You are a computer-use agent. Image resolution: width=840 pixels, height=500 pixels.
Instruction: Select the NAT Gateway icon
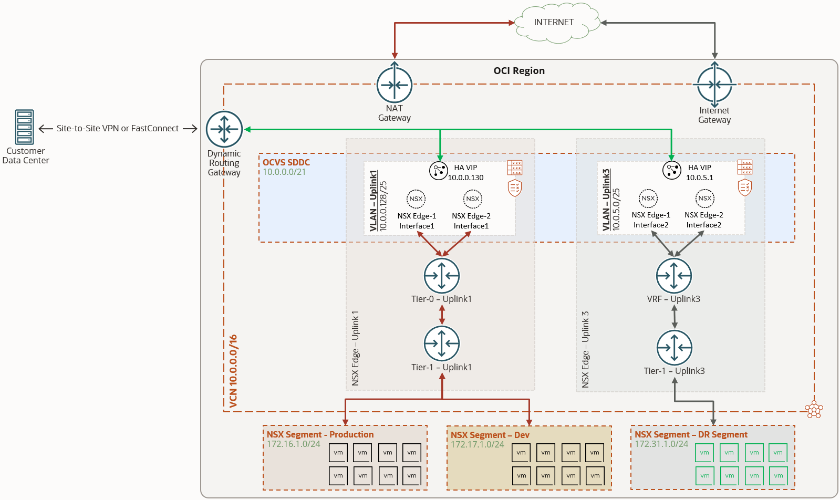pos(395,85)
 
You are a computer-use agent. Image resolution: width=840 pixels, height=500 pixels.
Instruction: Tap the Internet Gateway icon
pos(714,85)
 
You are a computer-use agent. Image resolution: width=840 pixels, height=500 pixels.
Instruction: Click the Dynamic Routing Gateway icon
pos(224,129)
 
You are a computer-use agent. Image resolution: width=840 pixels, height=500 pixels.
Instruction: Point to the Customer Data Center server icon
pos(25,127)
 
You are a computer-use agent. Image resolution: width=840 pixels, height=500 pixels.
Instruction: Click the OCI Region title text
pos(519,71)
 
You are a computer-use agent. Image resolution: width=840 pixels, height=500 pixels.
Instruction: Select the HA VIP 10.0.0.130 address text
pos(465,178)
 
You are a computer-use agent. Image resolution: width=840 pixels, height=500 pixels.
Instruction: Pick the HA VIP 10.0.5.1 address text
pos(699,178)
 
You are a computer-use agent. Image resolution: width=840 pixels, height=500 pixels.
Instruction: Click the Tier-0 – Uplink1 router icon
pos(442,275)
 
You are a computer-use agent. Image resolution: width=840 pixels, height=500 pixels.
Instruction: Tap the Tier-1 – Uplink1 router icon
pos(442,343)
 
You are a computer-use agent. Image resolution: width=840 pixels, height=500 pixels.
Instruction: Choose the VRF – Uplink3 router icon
pos(674,275)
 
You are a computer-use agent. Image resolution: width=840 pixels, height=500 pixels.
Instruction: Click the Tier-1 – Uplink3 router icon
pos(675,347)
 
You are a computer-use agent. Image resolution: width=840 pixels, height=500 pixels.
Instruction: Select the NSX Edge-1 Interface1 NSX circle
pos(416,199)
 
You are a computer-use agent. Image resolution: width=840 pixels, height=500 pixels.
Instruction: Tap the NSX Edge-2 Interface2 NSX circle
pos(705,198)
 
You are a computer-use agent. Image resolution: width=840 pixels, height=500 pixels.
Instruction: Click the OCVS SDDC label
pos(286,162)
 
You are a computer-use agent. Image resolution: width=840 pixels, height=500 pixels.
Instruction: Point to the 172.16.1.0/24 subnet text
pos(294,444)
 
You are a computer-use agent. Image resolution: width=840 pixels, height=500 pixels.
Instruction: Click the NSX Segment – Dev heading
pos(490,435)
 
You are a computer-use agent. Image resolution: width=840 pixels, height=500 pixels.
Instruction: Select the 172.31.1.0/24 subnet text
pos(661,444)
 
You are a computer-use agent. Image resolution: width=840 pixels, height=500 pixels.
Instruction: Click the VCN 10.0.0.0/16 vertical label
pos(234,371)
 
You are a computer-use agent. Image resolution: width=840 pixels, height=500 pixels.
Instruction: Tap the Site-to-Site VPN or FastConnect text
pos(118,128)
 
